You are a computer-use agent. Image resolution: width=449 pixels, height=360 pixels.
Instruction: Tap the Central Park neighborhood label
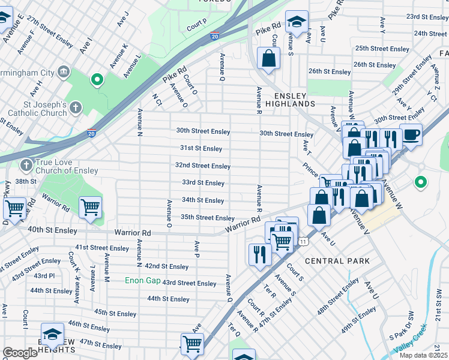tap(337, 261)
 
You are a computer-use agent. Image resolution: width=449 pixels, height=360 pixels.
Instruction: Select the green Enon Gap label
tap(142, 280)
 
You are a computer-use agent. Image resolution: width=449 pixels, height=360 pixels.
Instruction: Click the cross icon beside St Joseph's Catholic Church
tap(75, 108)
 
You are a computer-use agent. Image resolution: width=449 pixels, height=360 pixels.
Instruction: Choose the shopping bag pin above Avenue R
tap(268, 58)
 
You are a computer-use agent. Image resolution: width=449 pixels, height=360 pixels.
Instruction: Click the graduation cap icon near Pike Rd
tap(296, 22)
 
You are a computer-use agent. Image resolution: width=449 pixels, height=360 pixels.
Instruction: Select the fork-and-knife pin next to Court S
tap(259, 252)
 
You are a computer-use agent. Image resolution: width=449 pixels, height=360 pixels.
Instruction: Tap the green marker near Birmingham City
tap(96, 79)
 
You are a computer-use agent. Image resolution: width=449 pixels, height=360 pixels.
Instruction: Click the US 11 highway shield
tap(304, 241)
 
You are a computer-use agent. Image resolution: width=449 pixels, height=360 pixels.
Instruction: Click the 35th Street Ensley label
tap(207, 218)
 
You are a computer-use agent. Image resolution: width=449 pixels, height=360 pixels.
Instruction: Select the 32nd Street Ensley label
tap(203, 166)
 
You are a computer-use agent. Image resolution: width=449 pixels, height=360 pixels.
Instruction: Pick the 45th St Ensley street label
tap(115, 313)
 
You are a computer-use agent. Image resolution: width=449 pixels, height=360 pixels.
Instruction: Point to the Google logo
tap(20, 353)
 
